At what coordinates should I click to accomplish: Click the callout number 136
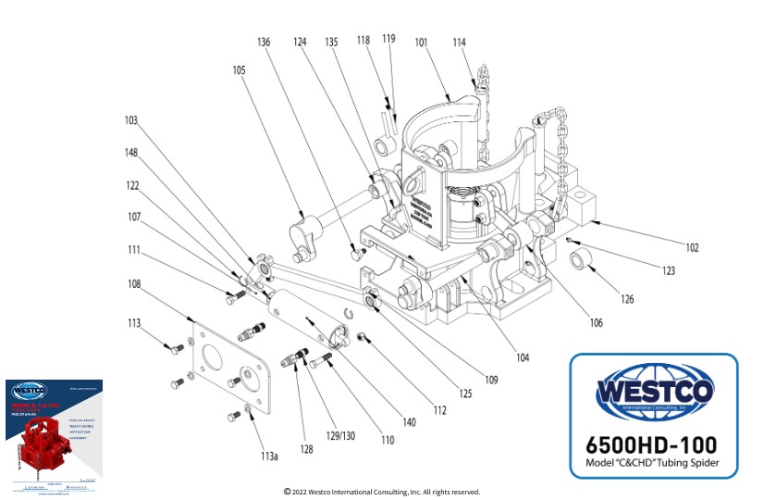264,42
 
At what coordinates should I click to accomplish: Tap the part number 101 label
421,42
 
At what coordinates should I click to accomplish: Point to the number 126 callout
628,300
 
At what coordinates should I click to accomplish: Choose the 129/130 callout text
341,434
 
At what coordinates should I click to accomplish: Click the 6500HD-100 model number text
653,443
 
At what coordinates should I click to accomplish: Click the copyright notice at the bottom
381,492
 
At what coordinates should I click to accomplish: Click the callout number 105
240,70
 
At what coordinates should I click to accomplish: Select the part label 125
464,394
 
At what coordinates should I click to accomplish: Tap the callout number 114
460,42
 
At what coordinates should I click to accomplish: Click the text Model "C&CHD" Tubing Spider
653,463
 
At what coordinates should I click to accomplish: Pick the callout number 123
668,271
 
